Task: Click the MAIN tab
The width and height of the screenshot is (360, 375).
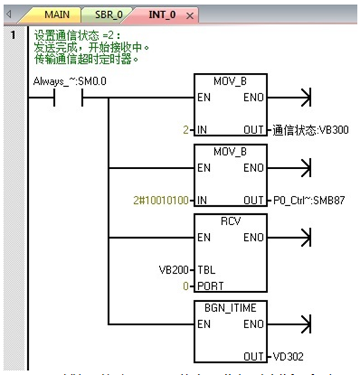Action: pyautogui.click(x=57, y=14)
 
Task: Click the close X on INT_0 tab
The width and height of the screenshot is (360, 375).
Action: pyautogui.click(x=189, y=15)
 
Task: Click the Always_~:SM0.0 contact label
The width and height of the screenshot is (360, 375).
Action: pyautogui.click(x=70, y=80)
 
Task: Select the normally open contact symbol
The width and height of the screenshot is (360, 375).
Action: pyautogui.click(x=69, y=96)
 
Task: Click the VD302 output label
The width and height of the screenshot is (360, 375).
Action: pyautogui.click(x=287, y=357)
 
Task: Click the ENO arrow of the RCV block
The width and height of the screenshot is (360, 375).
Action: pyautogui.click(x=300, y=237)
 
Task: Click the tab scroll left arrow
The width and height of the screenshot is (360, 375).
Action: pyautogui.click(x=8, y=14)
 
